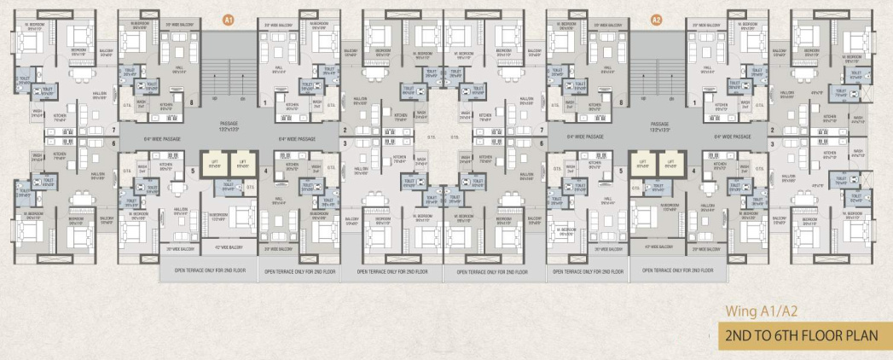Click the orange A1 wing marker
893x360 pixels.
(228, 19)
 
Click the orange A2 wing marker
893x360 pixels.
(656, 19)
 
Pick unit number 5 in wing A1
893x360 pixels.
(193, 171)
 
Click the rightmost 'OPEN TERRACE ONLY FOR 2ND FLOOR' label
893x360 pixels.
(678, 272)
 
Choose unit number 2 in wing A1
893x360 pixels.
(344, 131)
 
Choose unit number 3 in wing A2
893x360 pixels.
(773, 144)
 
